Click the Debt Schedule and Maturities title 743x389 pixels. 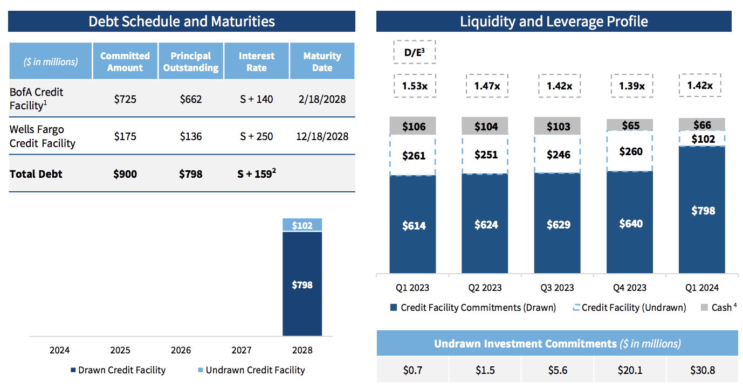[x=182, y=21]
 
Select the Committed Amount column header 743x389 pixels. [x=125, y=61]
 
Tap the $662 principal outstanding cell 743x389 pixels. [x=191, y=99]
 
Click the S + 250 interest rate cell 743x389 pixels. [x=257, y=136]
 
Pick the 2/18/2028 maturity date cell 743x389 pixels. [x=322, y=99]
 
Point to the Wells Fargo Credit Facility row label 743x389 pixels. [x=43, y=136]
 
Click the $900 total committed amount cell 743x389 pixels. [x=125, y=174]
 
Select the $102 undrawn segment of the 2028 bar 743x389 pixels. [x=302, y=225]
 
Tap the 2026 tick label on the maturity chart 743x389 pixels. [x=181, y=350]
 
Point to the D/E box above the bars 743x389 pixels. [x=414, y=52]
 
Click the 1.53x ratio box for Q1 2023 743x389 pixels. [x=414, y=85]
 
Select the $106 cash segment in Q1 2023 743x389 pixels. [x=414, y=127]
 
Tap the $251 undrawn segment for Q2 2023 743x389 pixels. [x=486, y=155]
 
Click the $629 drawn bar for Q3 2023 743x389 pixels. [x=558, y=224]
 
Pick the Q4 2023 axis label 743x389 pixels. [x=630, y=288]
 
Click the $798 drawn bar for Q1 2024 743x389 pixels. [x=702, y=210]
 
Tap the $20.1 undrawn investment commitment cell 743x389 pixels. [x=630, y=371]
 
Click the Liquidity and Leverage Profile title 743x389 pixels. [x=554, y=21]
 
